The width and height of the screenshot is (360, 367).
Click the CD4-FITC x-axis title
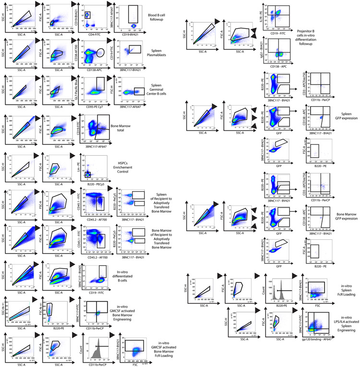click(94, 33)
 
